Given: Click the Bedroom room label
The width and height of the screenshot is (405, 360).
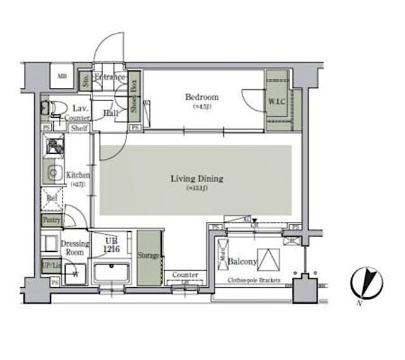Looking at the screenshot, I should coord(202,97).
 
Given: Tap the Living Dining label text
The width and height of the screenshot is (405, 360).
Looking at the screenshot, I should coord(197,179).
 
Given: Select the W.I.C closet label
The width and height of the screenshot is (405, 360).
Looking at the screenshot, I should coord(276,101).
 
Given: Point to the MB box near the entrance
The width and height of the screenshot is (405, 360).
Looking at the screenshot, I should coord(62,77).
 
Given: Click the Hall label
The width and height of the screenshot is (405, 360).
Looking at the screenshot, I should coord(111,113).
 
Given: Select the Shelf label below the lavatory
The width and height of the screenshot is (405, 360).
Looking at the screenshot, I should coord(79,128).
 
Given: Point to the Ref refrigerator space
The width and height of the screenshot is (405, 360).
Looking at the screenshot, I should coord(53,198).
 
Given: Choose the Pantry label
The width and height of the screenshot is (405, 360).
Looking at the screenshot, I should coord(51,220).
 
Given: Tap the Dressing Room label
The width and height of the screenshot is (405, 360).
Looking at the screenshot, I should coord(75,247).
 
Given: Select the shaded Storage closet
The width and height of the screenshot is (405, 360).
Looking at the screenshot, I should coord(149,256).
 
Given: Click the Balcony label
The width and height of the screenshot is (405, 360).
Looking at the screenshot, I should coord(242,261).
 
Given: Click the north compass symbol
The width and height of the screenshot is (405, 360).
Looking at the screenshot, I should coord(366,282).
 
